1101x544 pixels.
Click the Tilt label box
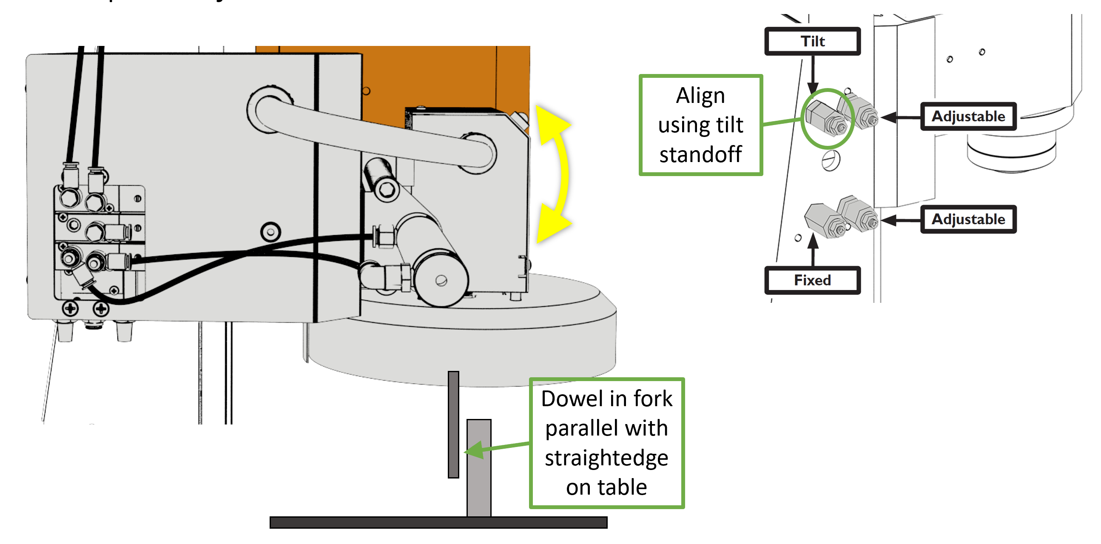coord(812,41)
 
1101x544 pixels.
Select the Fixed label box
coord(812,280)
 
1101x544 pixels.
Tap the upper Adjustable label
coord(968,116)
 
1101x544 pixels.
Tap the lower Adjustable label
coord(968,219)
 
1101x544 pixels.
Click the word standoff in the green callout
coord(700,155)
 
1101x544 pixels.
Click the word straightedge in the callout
coord(606,458)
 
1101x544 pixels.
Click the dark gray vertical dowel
coord(453,424)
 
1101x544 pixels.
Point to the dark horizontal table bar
coord(438,522)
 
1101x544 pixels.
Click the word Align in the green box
coord(700,96)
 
